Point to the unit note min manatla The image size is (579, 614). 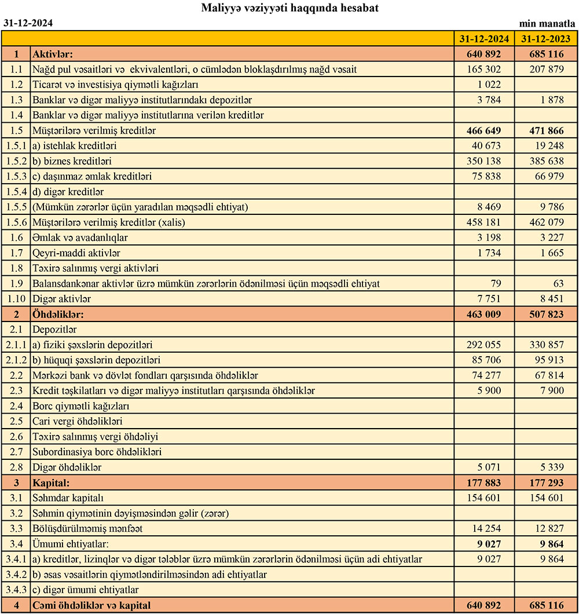547,24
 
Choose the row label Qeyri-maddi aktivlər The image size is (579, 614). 77,253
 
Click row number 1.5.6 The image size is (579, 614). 17,222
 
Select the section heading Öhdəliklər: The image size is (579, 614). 59,315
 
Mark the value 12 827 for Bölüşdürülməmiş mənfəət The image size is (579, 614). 546,529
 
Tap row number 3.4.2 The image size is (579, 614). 17,575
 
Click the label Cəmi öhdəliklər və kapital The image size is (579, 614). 92,606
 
